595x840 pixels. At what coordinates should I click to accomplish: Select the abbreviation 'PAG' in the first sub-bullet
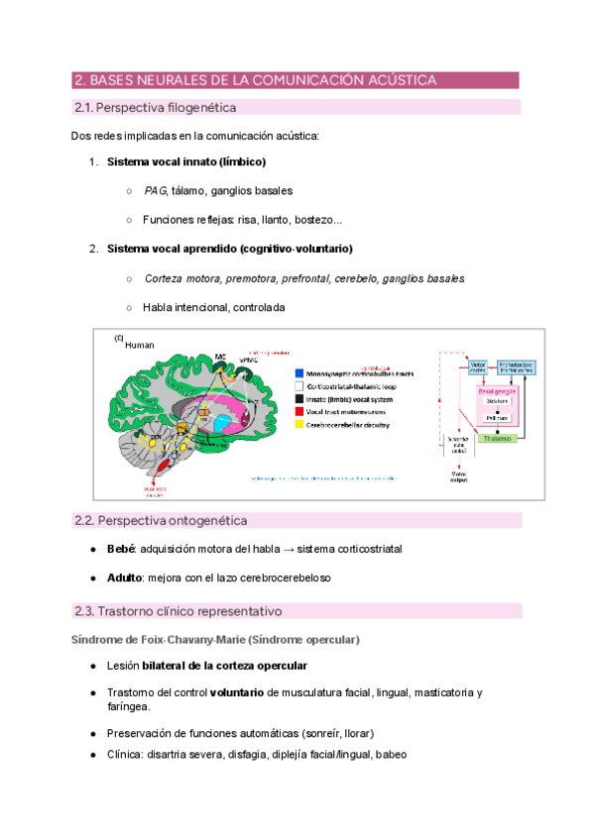pos(154,190)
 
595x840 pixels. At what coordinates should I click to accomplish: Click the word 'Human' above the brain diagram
pos(141,345)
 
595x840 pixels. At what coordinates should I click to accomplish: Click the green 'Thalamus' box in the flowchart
pos(498,437)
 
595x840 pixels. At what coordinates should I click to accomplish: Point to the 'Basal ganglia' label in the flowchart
pos(499,391)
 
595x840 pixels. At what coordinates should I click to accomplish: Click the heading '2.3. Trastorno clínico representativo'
pos(178,611)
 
